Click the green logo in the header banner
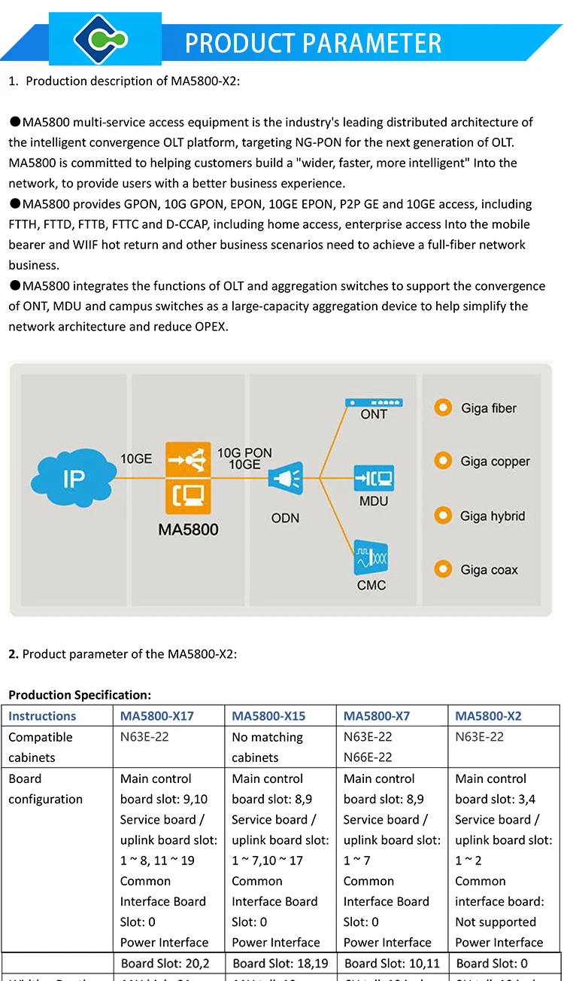(x=105, y=39)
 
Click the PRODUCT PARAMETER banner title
(x=313, y=43)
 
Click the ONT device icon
(x=374, y=404)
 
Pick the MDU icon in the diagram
(x=374, y=479)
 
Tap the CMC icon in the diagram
(x=372, y=561)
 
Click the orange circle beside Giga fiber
(x=443, y=408)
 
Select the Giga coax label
(x=489, y=570)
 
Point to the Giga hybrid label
(x=492, y=516)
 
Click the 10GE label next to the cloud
(x=136, y=457)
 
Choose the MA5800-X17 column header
(x=157, y=716)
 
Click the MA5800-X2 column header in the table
(x=488, y=716)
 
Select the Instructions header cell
(x=42, y=716)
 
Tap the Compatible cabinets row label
(x=41, y=747)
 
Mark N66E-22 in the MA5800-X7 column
(x=368, y=757)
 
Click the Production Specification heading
(x=80, y=695)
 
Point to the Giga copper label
(x=495, y=462)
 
